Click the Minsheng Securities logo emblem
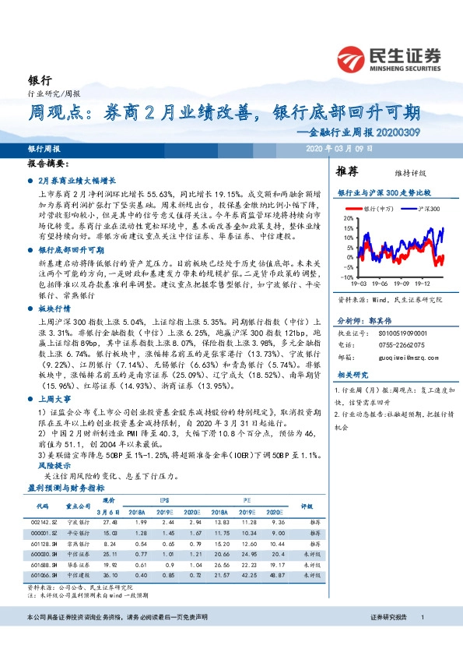(350, 59)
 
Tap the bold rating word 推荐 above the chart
(347, 171)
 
